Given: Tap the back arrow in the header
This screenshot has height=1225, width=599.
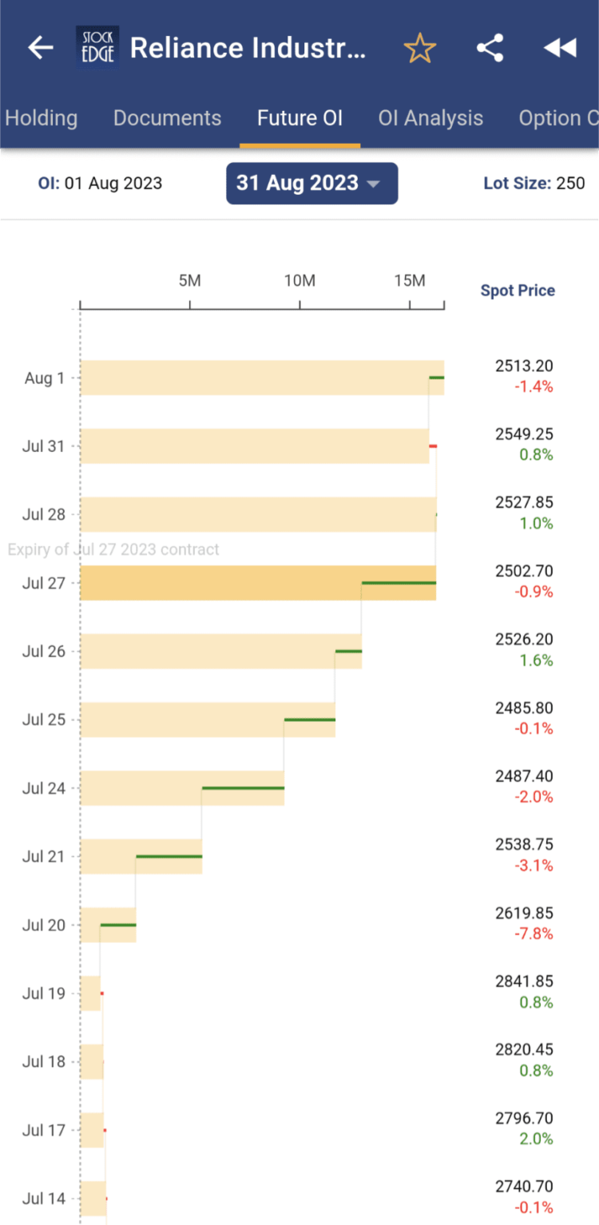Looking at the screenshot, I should (40, 49).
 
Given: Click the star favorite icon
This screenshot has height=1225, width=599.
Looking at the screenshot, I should (419, 49).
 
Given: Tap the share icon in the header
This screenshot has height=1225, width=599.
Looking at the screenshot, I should (490, 49).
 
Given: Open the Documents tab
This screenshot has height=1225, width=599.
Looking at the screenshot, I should (167, 118).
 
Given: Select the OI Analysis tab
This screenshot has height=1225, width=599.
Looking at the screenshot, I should (430, 118).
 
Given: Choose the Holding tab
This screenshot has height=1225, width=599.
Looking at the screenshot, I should (42, 118).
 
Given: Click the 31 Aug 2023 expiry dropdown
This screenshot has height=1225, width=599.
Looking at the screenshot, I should (311, 183).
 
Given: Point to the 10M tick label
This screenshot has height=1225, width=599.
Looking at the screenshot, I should (299, 280).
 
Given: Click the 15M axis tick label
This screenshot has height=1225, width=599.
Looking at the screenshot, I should (410, 280).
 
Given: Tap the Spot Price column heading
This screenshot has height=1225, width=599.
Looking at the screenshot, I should (518, 291).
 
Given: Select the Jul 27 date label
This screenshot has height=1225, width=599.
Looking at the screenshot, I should (44, 583).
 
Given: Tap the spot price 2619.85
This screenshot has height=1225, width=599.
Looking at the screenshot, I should (524, 913).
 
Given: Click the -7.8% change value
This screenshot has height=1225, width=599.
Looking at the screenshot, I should (534, 934).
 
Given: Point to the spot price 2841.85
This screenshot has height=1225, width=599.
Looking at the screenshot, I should (524, 981).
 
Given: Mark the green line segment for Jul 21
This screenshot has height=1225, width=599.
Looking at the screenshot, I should (169, 856).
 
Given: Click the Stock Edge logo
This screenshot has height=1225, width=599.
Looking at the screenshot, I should (97, 48).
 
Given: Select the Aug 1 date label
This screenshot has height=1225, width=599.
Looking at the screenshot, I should (45, 379).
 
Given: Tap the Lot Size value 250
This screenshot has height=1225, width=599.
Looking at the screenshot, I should (570, 184).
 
